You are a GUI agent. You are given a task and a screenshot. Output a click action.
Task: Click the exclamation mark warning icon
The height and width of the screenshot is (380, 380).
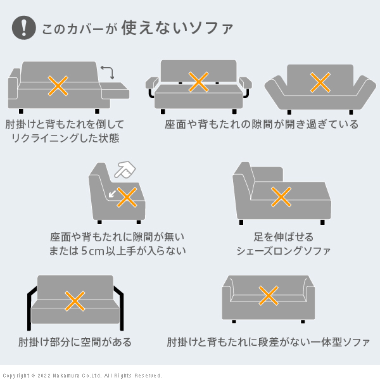click(24, 28)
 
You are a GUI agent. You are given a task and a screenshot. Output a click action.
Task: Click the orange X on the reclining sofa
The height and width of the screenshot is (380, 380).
click(58, 85)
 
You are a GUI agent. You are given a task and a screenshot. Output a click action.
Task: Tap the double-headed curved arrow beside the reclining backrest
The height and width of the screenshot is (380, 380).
click(108, 72)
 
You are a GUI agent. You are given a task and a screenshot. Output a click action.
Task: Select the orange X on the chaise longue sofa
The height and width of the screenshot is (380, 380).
click(281, 197)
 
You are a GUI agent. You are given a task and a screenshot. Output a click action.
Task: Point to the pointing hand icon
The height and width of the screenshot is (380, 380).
click(125, 170)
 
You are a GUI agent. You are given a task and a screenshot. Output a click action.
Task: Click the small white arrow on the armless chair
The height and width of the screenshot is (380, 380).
click(112, 194)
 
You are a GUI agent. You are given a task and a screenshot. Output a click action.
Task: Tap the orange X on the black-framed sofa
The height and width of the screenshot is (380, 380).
click(75, 301)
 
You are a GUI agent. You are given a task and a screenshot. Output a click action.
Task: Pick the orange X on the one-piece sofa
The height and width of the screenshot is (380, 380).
click(269, 295)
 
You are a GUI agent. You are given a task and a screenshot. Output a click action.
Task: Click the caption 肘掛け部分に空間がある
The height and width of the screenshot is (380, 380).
click(75, 342)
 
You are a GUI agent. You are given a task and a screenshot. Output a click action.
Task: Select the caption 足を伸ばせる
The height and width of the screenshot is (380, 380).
click(284, 237)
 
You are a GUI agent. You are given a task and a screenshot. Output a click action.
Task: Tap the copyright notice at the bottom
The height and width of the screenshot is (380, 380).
click(82, 376)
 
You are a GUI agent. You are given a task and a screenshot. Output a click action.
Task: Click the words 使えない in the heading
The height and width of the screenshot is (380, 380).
click(155, 28)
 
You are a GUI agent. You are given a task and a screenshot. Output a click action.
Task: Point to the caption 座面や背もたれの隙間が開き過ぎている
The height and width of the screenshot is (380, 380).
click(262, 124)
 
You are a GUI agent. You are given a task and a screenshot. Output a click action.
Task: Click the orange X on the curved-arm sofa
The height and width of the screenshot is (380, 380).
click(320, 82)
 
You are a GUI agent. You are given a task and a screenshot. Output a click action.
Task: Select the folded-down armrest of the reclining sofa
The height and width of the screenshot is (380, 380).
click(115, 90)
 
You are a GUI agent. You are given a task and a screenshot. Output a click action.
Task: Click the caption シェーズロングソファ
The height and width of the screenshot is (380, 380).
click(284, 251)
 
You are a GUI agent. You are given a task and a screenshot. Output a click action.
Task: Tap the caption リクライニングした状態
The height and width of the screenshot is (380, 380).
click(65, 138)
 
